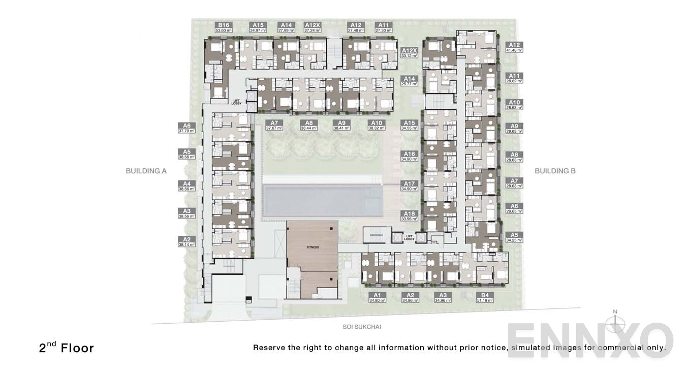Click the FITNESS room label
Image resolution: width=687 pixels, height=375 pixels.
click(313, 247)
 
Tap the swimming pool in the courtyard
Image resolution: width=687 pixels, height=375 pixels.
click(322, 201)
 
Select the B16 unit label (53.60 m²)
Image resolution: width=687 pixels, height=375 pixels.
click(224, 27)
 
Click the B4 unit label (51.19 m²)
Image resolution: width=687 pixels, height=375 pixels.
click(485, 297)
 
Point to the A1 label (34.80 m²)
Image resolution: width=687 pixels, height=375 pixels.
click(377, 297)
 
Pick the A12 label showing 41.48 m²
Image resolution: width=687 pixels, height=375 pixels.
click(514, 47)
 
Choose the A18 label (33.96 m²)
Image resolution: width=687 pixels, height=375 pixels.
click(409, 216)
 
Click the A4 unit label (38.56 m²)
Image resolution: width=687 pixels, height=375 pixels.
click(186, 185)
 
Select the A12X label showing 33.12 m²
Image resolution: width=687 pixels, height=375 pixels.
click(409, 53)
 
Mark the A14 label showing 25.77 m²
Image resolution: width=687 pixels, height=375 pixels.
click(409, 81)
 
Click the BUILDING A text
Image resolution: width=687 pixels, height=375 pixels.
click(146, 171)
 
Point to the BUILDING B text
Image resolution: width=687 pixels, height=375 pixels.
click(555, 171)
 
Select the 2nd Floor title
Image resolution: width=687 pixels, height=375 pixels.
click(67, 348)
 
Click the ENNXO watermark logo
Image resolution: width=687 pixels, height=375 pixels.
click(589, 339)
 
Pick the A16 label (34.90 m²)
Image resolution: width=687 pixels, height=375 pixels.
click(409, 157)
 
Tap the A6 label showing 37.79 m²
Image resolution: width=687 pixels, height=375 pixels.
click(186, 128)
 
